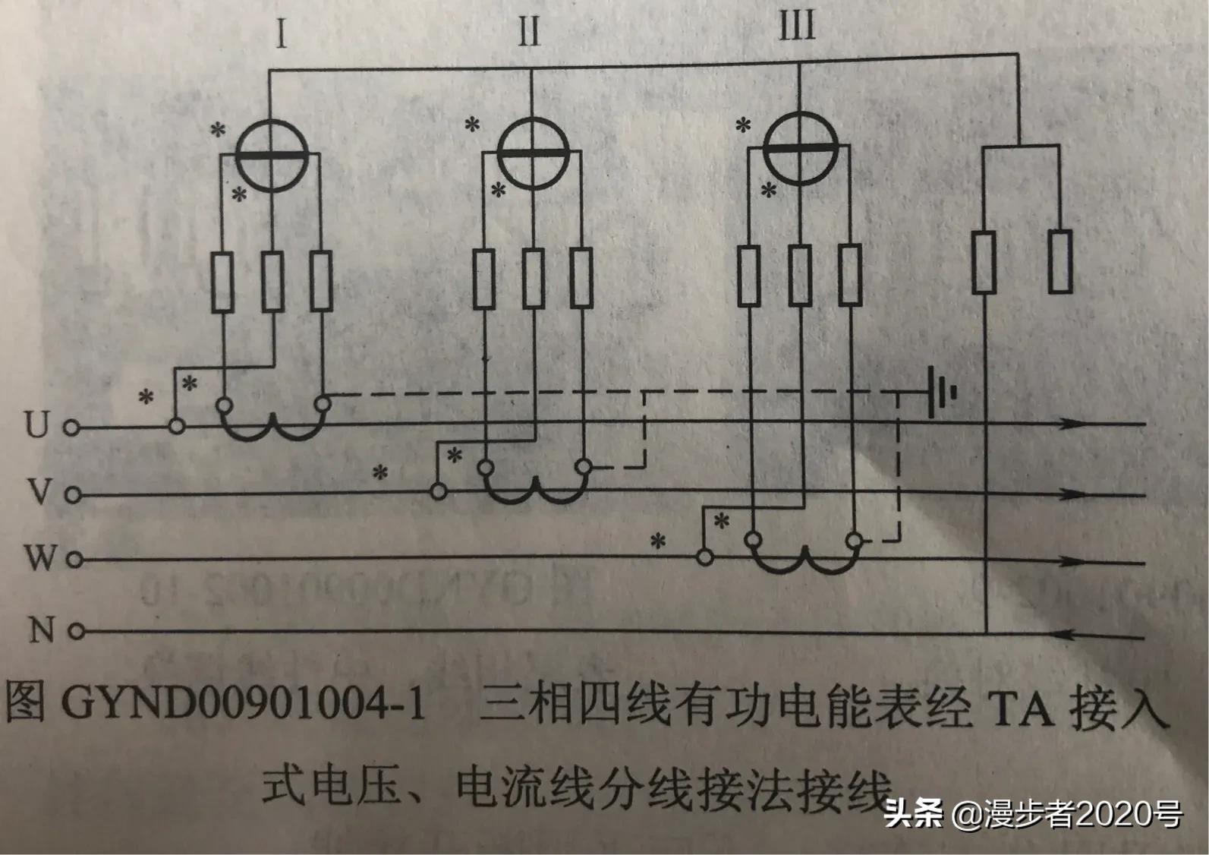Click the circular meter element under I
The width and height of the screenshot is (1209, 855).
point(270,155)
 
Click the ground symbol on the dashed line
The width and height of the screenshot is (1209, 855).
point(939,394)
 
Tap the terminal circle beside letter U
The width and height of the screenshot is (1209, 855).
point(71,428)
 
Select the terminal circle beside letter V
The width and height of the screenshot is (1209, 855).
point(72,495)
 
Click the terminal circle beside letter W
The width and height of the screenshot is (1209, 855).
point(74,561)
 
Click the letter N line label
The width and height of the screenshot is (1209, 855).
point(42,629)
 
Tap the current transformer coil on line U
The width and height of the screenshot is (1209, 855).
point(273,429)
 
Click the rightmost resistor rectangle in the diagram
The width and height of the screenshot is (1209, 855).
point(1060,262)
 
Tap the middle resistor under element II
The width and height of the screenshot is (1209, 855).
point(533,278)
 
